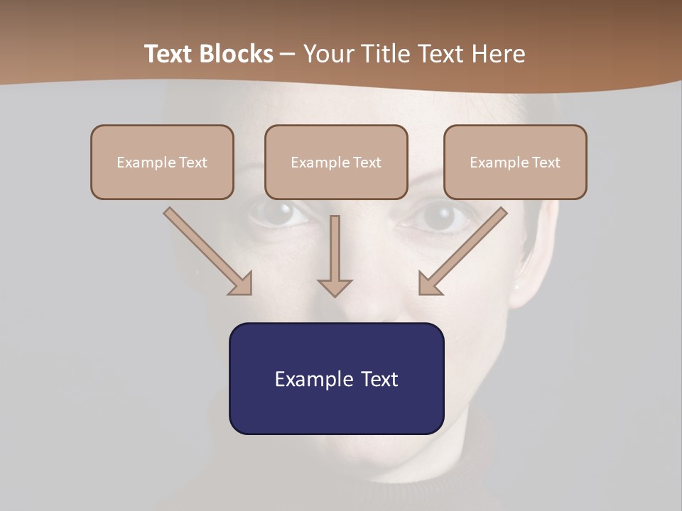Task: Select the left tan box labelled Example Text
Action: (x=162, y=163)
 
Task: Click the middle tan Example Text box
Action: (x=336, y=163)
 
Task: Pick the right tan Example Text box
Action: (x=515, y=163)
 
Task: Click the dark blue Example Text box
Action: (x=336, y=378)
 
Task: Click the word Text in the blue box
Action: (x=379, y=379)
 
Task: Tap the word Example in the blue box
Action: (x=314, y=379)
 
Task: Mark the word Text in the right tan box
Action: (x=546, y=163)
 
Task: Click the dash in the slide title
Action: (x=288, y=54)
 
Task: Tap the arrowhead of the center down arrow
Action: (x=335, y=287)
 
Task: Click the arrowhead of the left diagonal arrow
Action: (x=242, y=284)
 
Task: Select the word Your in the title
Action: (x=328, y=54)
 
